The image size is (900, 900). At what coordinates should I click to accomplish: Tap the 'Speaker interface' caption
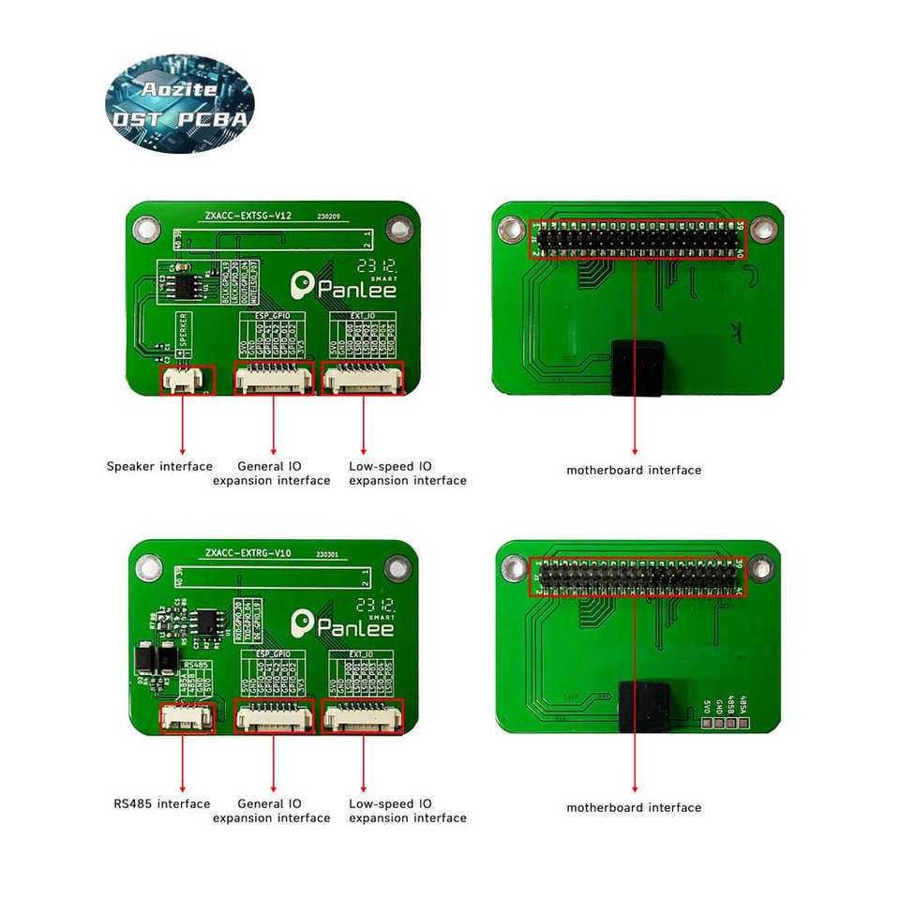click(x=159, y=466)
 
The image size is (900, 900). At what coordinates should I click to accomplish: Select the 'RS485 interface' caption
click(x=162, y=803)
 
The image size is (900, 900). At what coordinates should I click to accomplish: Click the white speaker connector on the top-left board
click(x=187, y=379)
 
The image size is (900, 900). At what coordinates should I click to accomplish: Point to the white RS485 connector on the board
click(x=187, y=717)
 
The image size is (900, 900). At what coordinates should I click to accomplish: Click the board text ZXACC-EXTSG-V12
click(x=248, y=216)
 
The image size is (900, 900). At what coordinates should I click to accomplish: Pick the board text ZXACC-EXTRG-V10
click(x=248, y=553)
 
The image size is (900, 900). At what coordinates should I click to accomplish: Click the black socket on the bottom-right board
click(x=643, y=709)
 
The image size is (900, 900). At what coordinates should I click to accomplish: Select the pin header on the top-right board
click(x=637, y=241)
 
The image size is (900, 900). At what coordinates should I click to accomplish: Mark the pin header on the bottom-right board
click(x=637, y=577)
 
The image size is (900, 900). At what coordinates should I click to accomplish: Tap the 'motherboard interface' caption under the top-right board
click(x=634, y=470)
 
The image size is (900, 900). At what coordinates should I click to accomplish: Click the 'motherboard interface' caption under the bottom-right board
click(x=634, y=807)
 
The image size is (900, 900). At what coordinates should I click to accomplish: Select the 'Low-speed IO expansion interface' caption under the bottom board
click(x=407, y=811)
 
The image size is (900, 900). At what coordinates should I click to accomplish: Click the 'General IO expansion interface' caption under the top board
click(x=271, y=473)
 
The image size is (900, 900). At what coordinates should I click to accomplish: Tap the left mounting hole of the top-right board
click(x=511, y=229)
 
